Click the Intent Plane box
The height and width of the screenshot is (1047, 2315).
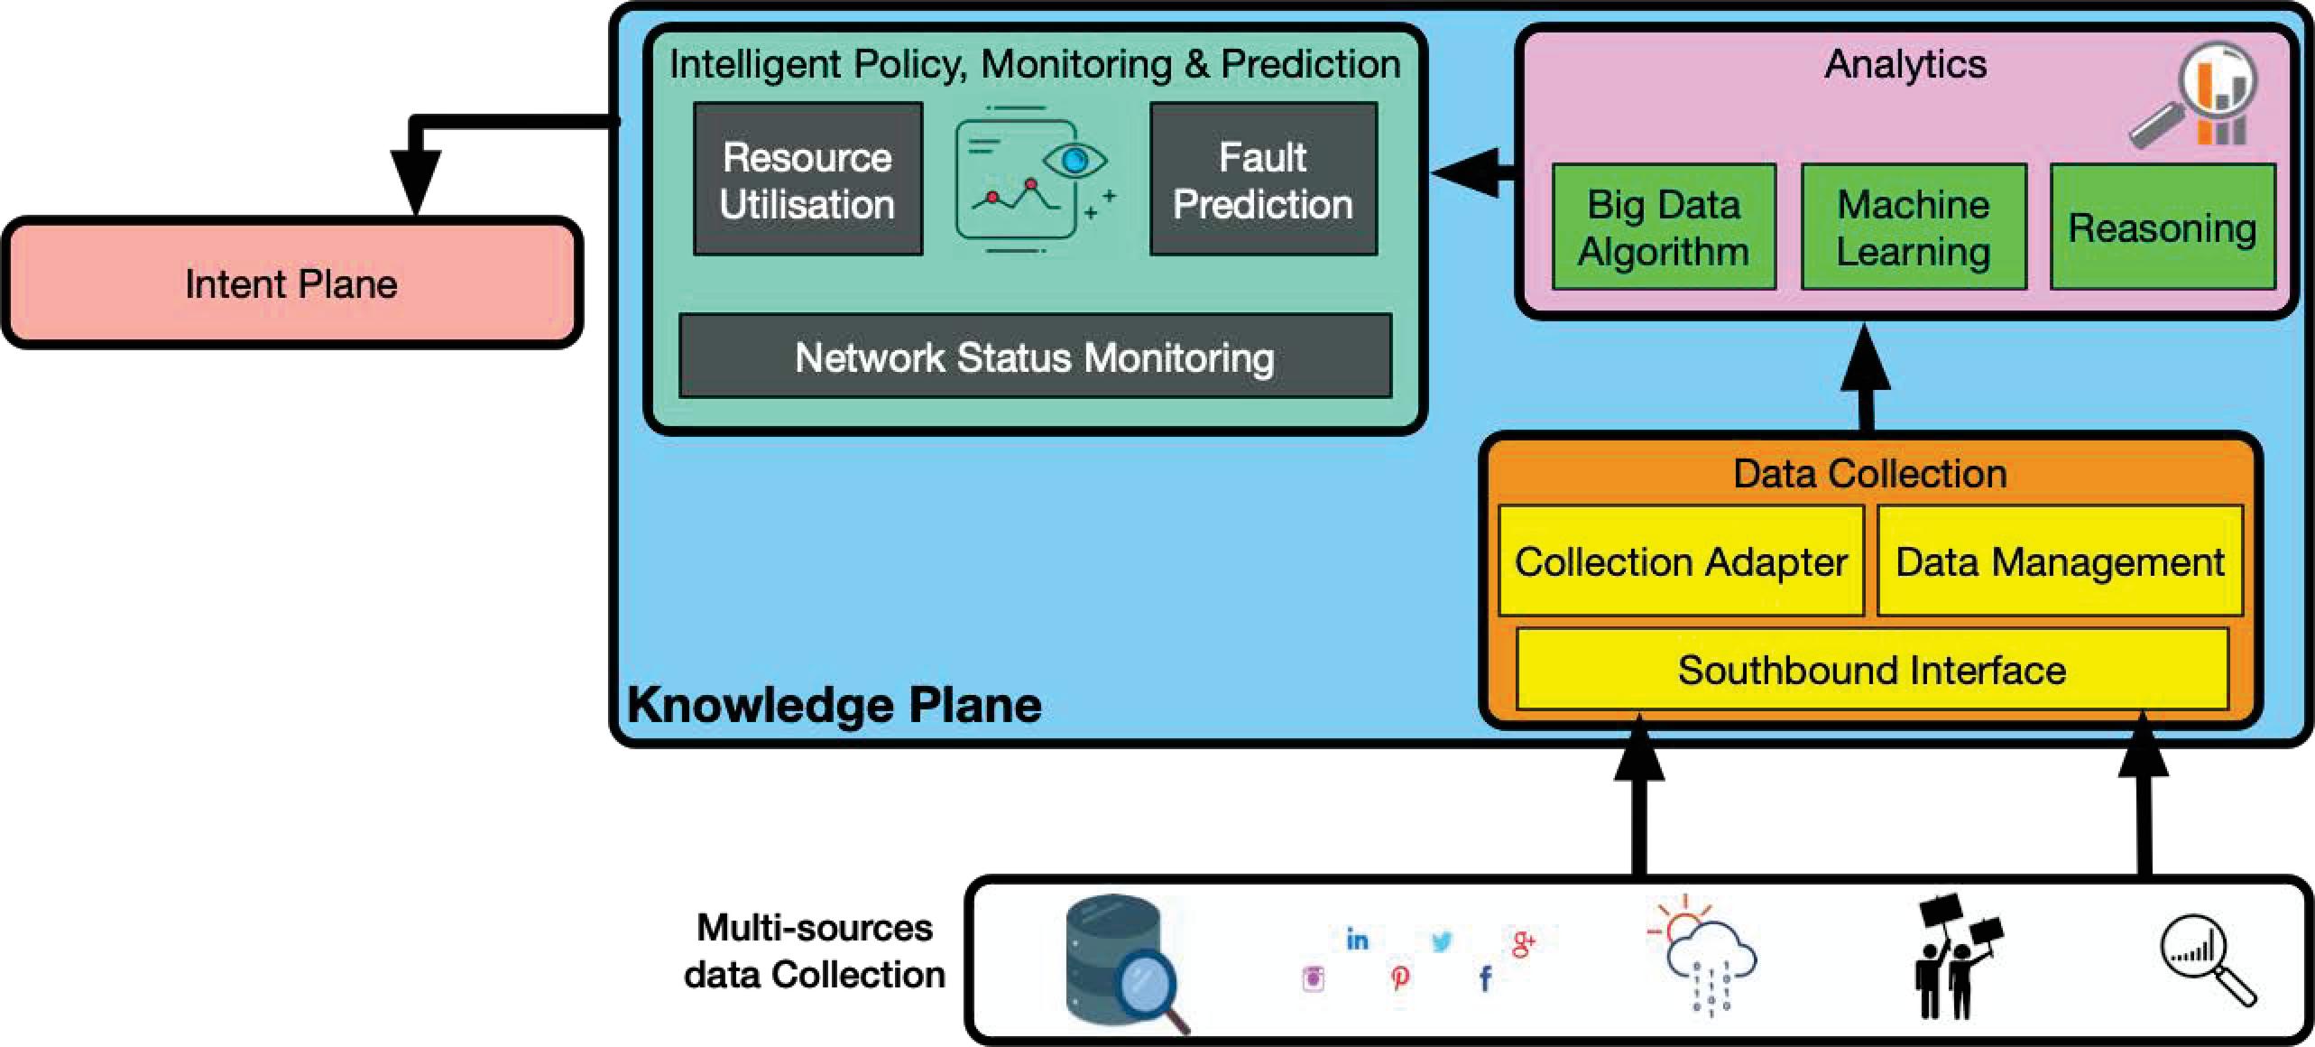pyautogui.click(x=291, y=283)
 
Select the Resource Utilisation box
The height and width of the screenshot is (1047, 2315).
pyautogui.click(x=807, y=180)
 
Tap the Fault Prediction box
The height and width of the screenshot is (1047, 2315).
pyautogui.click(x=1263, y=180)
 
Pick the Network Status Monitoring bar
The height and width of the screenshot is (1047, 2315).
pyautogui.click(x=1035, y=357)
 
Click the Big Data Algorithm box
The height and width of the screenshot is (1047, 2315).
pyautogui.click(x=1664, y=227)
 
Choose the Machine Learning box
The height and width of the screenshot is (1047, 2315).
pyautogui.click(x=1914, y=227)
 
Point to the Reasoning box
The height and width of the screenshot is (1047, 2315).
pyautogui.click(x=2163, y=227)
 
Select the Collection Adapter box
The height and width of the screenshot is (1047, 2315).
pyautogui.click(x=1681, y=561)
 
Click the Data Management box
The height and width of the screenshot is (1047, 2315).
pyautogui.click(x=2060, y=561)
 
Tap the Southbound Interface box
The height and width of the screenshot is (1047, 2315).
pyautogui.click(x=1872, y=670)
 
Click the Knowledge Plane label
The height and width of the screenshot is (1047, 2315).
pyautogui.click(x=835, y=705)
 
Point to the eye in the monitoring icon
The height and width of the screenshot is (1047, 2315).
pyautogui.click(x=1074, y=162)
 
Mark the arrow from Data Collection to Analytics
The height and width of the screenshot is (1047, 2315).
pyautogui.click(x=1865, y=379)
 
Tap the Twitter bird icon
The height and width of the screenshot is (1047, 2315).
pyautogui.click(x=1442, y=941)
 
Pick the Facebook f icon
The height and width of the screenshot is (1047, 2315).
pyautogui.click(x=1485, y=978)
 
